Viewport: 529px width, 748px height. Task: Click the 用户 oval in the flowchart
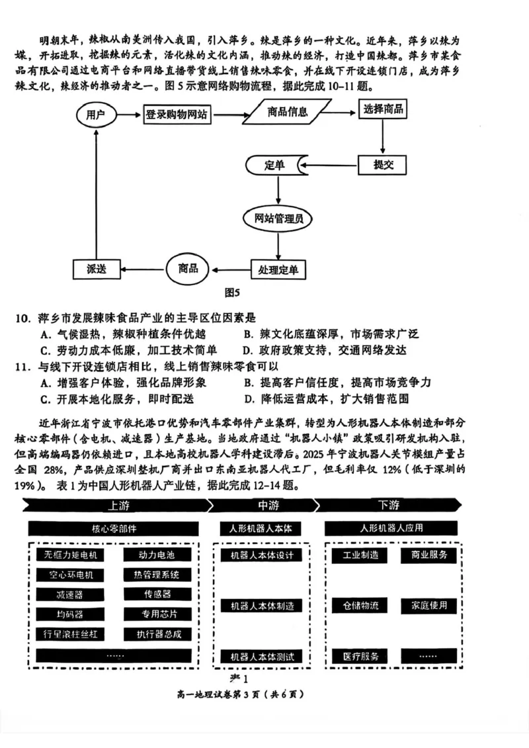coord(97,115)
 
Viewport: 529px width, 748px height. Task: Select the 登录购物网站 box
coord(177,115)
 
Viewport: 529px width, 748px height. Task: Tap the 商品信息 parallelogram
coord(288,112)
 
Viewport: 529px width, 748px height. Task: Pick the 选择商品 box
coord(383,110)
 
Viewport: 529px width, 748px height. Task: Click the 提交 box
coord(382,164)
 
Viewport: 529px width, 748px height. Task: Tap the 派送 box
coord(97,269)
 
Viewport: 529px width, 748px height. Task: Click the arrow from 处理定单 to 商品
coord(229,269)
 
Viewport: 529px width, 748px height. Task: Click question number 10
coord(23,318)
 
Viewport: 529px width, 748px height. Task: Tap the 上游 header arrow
coord(112,505)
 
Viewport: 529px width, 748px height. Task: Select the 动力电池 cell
coord(157,554)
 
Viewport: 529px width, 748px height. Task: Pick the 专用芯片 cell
coord(157,614)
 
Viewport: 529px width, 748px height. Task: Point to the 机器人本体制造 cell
coord(261,605)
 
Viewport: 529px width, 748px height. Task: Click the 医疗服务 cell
coord(360,656)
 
